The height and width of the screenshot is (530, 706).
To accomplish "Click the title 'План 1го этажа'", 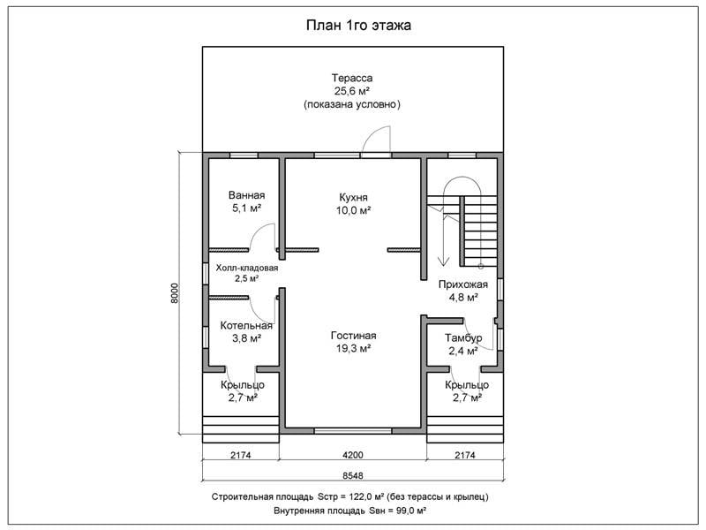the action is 358,26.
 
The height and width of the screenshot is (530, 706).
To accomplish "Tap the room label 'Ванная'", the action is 246,195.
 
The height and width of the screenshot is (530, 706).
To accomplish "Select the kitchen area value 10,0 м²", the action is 354,210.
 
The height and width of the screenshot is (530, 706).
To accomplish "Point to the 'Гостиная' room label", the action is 354,336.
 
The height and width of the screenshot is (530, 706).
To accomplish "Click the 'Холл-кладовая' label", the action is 247,268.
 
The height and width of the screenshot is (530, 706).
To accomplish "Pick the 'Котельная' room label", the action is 246,325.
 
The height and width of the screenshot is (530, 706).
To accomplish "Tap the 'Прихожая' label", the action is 462,284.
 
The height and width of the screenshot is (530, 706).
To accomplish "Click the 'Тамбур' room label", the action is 463,337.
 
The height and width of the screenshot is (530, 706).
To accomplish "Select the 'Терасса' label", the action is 352,78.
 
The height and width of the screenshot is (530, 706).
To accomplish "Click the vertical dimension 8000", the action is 175,293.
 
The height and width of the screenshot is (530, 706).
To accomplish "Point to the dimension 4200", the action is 352,455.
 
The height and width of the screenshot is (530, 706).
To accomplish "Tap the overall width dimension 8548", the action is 352,476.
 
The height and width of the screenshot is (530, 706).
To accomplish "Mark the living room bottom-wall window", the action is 352,431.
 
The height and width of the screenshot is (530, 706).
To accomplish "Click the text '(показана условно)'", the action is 352,104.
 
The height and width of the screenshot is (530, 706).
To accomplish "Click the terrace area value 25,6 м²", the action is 352,91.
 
